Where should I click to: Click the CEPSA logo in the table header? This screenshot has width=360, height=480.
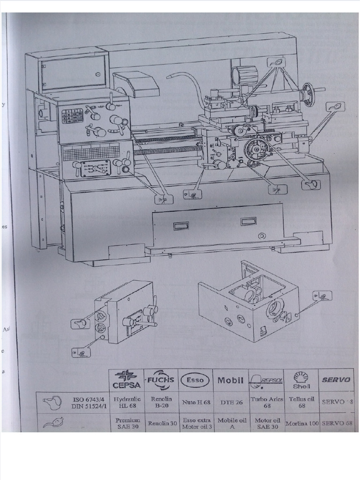tap(127, 380)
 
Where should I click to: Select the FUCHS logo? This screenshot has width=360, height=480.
tap(161, 380)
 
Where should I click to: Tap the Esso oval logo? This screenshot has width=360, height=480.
tap(195, 380)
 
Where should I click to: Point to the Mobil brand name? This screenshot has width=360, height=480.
tap(230, 380)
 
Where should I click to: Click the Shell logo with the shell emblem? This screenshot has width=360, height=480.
tap(301, 380)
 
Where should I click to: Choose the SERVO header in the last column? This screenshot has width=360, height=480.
tap(336, 380)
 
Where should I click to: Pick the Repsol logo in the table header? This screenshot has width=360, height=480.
tap(266, 380)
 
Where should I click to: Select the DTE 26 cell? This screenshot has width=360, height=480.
tap(230, 402)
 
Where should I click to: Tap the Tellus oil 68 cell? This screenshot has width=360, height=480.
tap(301, 402)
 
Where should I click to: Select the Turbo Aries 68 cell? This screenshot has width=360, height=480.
tap(266, 402)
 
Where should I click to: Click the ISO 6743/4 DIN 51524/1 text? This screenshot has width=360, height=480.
tap(84, 402)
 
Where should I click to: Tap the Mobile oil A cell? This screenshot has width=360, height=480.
tap(230, 423)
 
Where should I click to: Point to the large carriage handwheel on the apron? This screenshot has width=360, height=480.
tap(255, 148)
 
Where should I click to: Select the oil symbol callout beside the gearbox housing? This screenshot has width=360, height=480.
tap(323, 296)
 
